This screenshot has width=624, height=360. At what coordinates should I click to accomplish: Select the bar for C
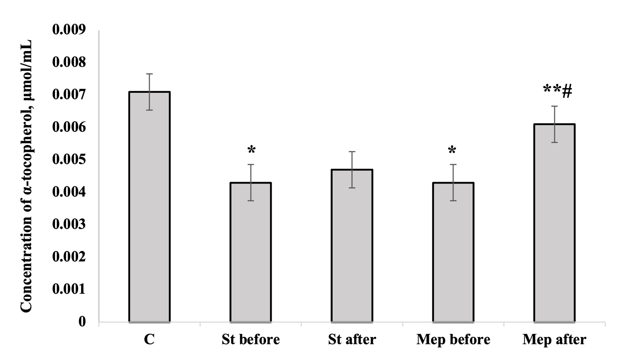pos(149,207)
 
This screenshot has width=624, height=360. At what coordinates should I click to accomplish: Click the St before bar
pos(251,252)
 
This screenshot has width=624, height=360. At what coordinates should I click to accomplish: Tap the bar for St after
pos(352,246)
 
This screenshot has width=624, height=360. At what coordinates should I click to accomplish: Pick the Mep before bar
pos(453,252)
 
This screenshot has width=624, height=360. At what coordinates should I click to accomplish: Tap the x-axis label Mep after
pos(554,340)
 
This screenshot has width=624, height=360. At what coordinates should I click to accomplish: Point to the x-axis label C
pos(149,340)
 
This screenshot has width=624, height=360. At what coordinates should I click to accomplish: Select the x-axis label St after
pos(352,340)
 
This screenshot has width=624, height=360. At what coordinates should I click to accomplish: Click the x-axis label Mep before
pos(453,340)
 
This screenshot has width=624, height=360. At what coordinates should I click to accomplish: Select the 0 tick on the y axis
pos(82,322)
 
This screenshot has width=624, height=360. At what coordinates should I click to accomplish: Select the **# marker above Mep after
pos(557,91)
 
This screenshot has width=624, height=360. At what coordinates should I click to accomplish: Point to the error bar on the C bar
pos(149,92)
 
